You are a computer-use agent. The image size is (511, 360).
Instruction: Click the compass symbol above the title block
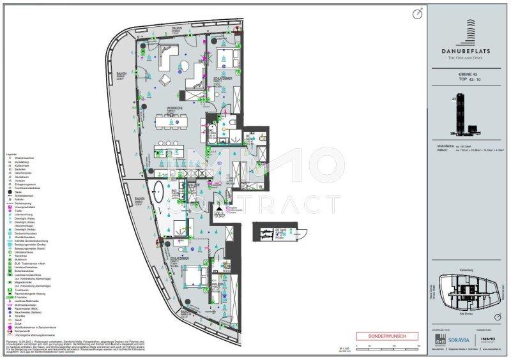tap(417, 12)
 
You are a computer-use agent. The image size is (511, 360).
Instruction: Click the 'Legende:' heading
tap(11, 155)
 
